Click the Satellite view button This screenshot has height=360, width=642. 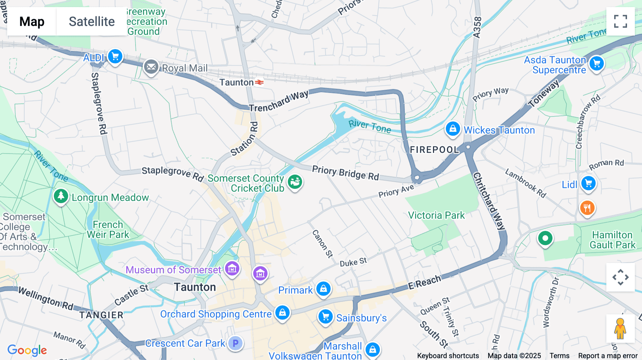(92, 21)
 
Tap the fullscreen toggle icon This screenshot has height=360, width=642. (620, 21)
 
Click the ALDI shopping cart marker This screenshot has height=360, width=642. (115, 56)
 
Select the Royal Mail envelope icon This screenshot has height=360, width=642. (151, 67)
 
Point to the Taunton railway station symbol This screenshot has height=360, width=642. (260, 82)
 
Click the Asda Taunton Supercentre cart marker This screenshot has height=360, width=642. (596, 64)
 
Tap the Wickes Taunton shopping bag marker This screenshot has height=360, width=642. (453, 129)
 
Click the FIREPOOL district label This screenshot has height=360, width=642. (434, 150)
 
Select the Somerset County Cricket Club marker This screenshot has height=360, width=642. (295, 182)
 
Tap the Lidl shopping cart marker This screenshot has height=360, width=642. (588, 184)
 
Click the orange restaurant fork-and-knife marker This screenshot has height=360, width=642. (587, 207)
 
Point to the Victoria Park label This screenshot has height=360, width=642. (436, 215)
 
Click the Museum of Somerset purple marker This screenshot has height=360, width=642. (232, 269)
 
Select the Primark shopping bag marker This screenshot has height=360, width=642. (323, 289)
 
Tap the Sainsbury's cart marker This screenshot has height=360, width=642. (325, 317)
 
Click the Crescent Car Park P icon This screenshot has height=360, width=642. (235, 343)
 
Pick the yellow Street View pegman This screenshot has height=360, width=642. (620, 329)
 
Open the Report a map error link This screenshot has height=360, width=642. (608, 356)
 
